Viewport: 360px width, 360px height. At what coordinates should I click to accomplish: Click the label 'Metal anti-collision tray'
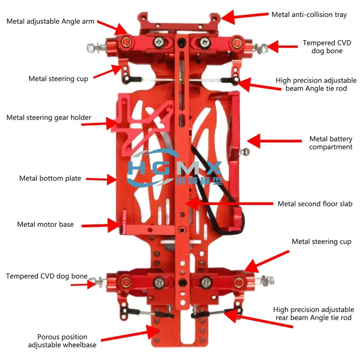pyautogui.click(x=309, y=15)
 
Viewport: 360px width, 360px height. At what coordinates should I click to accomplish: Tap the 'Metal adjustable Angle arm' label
pyautogui.click(x=50, y=21)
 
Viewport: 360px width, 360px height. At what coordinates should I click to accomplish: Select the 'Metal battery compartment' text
pyautogui.click(x=330, y=143)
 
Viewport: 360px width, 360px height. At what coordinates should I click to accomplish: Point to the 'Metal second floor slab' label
pyautogui.click(x=315, y=204)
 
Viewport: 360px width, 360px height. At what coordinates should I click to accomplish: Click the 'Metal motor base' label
pyautogui.click(x=45, y=224)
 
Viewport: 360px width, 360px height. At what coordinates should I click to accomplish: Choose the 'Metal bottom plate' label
pyautogui.click(x=50, y=178)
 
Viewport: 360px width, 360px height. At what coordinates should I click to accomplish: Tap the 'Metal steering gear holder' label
pyautogui.click(x=49, y=118)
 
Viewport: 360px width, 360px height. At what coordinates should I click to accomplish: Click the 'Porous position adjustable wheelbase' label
pyautogui.click(x=62, y=341)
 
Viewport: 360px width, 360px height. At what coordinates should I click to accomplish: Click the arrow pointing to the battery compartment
pyautogui.click(x=274, y=141)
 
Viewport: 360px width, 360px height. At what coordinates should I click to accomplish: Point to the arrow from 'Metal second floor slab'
pyautogui.click(x=229, y=204)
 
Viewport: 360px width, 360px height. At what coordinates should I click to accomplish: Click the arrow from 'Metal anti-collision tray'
pyautogui.click(x=244, y=17)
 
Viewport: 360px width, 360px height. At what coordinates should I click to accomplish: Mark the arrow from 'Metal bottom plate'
pyautogui.click(x=101, y=179)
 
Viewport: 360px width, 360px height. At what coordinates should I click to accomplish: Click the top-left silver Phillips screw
pyautogui.click(x=159, y=42)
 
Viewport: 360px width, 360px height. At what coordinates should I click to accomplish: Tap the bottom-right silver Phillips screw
pyautogui.click(x=206, y=282)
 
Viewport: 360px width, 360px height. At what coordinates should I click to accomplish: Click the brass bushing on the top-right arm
pyautogui.click(x=237, y=43)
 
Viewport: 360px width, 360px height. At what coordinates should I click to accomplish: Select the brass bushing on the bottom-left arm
pyautogui.click(x=126, y=282)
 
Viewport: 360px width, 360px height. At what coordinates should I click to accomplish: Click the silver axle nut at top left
pyautogui.click(x=90, y=47)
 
